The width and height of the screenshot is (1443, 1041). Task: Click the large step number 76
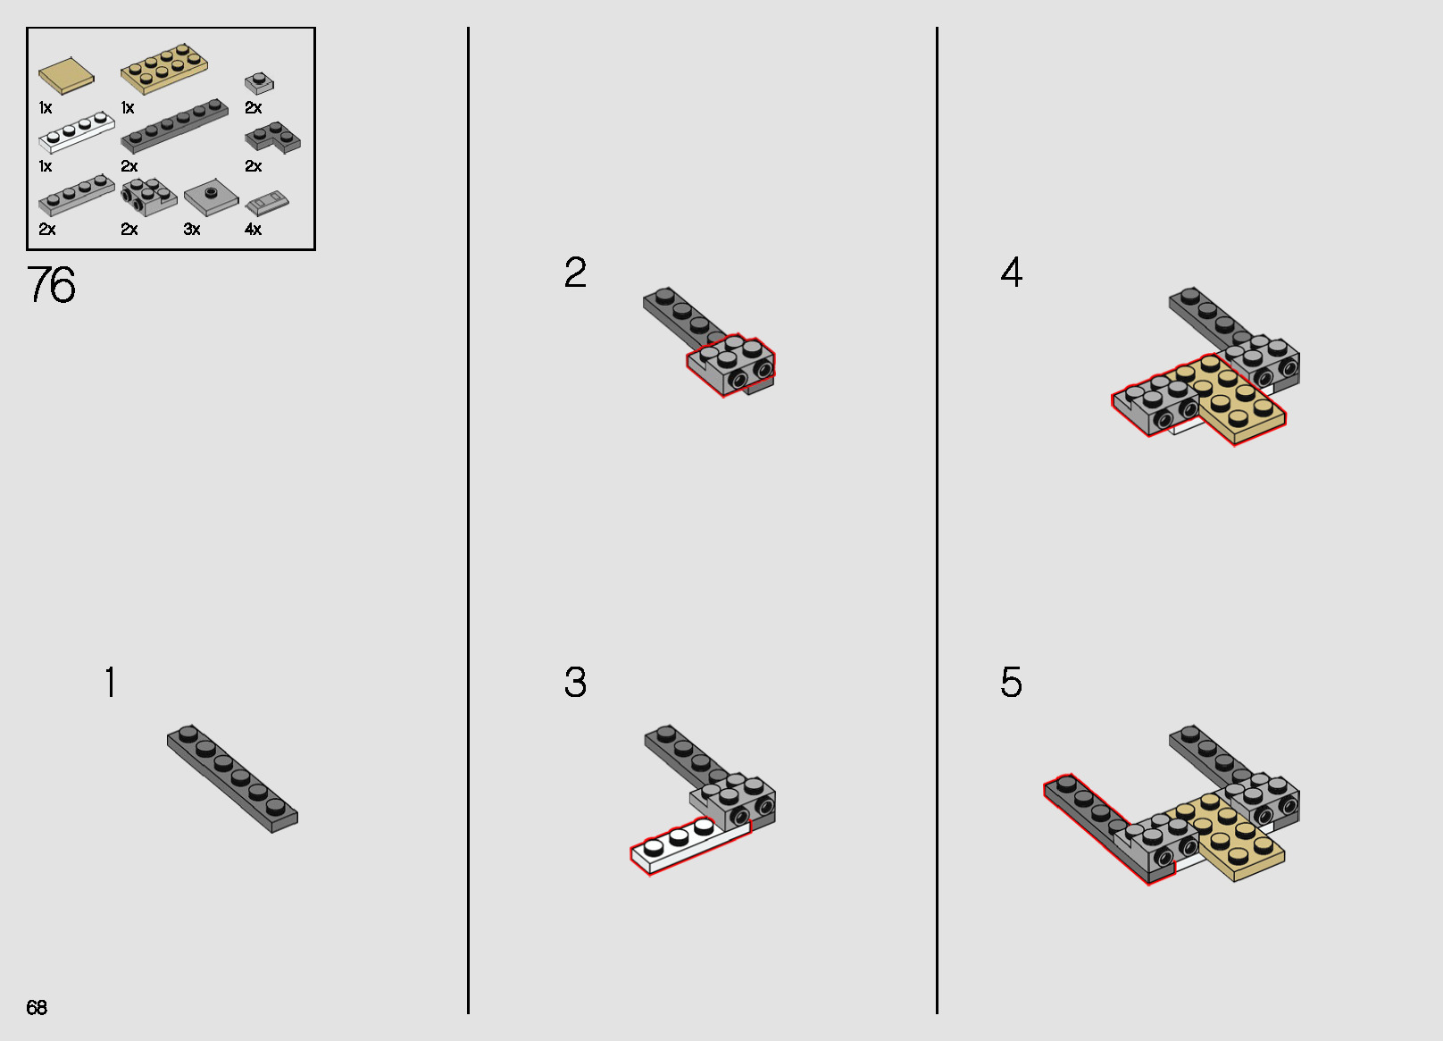51,284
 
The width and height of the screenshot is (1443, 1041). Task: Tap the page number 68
37,1007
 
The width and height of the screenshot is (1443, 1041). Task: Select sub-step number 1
111,682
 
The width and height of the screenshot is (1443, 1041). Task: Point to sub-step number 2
575,272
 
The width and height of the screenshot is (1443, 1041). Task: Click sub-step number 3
575,682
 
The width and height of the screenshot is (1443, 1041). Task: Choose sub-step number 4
1012,272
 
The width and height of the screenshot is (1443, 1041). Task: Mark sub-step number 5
1012,682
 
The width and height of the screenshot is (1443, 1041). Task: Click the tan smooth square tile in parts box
66,76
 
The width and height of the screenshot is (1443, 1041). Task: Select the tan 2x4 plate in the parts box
164,68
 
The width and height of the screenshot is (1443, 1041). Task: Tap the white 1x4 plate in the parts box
77,132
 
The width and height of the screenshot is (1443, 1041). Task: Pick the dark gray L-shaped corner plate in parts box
272,138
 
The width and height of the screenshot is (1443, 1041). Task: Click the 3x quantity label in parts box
192,229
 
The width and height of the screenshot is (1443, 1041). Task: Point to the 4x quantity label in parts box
254,229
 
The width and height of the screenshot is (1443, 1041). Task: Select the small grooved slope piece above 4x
267,203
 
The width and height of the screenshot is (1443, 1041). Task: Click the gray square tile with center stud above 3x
212,197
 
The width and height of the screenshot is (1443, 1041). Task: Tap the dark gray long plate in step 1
232,778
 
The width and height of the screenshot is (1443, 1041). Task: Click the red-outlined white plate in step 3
690,846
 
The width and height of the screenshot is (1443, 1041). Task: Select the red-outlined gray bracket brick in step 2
730,365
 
